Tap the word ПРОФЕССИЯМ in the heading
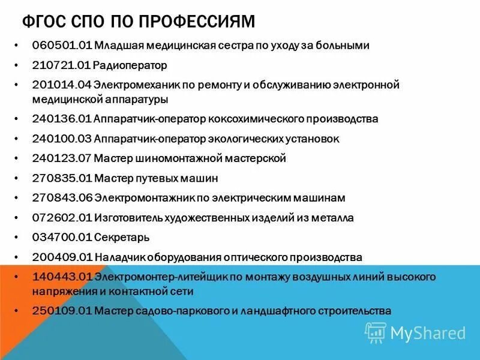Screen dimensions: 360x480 (x=198, y=22)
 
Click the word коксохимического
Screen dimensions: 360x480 (x=250, y=119)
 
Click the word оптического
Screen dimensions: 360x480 (x=248, y=257)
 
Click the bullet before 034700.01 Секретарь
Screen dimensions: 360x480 (x=20, y=237)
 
